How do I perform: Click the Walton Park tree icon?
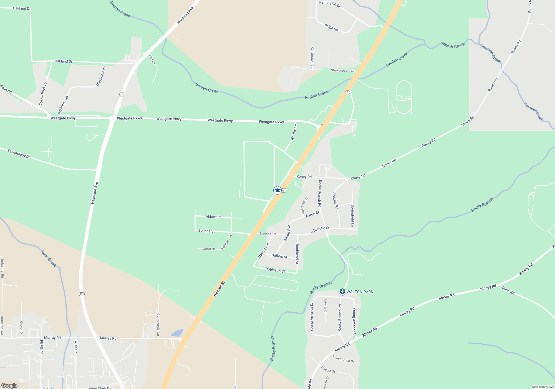[342, 291]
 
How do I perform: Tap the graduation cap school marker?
[277, 190]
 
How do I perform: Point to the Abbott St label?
[213, 217]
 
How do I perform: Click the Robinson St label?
[275, 270]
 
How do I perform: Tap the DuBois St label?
[279, 256]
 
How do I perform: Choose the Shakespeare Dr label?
[342, 71]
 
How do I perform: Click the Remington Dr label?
[330, 4]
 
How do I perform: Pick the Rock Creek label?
[49, 259]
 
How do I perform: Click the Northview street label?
[294, 132]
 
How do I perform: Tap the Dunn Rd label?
[508, 290]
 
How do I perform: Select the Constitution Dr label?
[343, 359]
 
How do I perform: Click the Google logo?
[9, 386]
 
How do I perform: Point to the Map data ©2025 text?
[543, 387]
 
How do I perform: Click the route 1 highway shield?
[347, 92]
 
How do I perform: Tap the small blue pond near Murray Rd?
[177, 333]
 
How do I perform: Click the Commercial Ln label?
[158, 325]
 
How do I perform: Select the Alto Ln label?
[152, 59]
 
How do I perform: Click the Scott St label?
[209, 249]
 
